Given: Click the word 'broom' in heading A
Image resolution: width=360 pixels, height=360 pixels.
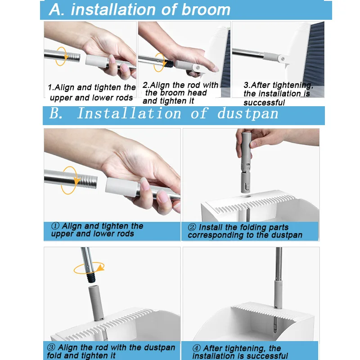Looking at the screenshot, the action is point(206,10).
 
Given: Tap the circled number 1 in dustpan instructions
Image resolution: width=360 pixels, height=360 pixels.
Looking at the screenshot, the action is point(55,226).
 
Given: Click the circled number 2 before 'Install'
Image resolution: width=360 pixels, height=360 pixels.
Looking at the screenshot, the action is point(192,227).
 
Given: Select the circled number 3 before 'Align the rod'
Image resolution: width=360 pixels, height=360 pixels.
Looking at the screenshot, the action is point(51,347).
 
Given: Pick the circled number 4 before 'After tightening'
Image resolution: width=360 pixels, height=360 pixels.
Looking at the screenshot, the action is point(197,348).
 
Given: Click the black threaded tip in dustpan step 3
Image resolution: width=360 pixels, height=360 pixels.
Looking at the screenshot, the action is point(91,278).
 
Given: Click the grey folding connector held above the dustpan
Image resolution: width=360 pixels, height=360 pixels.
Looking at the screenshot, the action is point(246,162).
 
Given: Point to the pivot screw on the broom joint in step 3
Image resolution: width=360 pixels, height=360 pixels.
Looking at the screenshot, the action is point(283,59).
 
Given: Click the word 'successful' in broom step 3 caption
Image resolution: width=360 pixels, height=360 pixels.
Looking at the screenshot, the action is point(264,103).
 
